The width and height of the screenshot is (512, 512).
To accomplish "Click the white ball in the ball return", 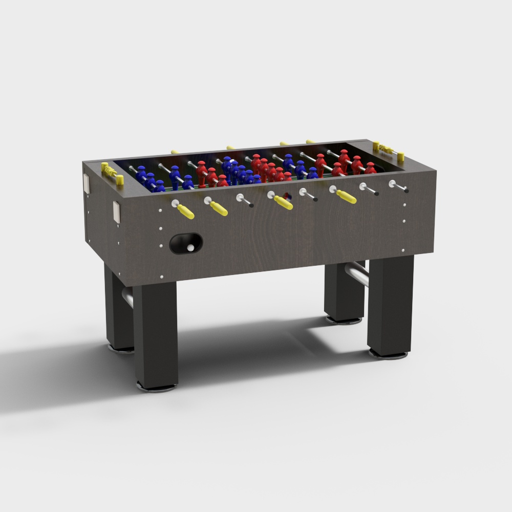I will pos(190,248).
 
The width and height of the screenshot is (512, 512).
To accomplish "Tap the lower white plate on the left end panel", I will pos(117,212).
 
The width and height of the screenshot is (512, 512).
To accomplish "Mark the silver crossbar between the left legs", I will pos(127,296).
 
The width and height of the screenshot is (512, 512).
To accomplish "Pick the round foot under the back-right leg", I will pos(344,321).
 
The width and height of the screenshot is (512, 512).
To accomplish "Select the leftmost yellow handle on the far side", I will pos(175,152).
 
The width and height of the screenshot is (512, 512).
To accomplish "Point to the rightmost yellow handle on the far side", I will pos(310,141).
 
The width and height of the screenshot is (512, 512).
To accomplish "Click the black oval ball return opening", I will pos(185,244).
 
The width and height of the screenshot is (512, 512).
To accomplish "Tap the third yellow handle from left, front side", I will pos(283,203).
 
